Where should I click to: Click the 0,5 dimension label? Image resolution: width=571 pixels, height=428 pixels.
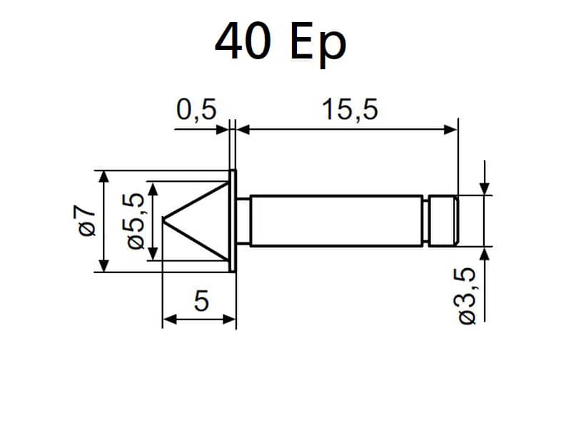coord(196,110)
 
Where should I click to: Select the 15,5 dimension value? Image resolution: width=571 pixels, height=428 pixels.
coord(350,110)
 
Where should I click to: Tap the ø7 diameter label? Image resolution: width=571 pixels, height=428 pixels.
coord(86,220)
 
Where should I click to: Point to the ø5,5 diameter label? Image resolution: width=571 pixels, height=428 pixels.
coord(134,220)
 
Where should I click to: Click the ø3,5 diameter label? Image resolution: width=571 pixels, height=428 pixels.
coord(466,295)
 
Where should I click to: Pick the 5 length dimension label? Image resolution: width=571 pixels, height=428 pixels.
coord(201,300)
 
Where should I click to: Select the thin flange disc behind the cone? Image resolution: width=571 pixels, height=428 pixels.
coord(233,220)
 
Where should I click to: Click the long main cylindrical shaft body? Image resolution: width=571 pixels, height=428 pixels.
coord(336,221)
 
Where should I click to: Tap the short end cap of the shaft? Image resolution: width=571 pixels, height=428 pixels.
coord(443,221)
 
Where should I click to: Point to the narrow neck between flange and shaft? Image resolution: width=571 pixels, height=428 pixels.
coord(243,220)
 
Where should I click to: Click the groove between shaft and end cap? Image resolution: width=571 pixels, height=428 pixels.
coord(425,221)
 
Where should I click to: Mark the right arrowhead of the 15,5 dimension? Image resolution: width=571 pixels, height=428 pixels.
coord(451,129)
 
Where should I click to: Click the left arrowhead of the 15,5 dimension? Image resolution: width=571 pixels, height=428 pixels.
coord(243,129)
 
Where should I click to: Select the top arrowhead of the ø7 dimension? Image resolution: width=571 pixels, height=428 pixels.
coord(104,177)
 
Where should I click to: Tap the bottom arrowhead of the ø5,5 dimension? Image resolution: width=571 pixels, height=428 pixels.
coord(153,254)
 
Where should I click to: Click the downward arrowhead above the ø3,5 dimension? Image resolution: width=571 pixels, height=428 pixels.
coord(485,188)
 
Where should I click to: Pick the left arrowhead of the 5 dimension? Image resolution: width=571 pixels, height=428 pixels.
coord(170,320)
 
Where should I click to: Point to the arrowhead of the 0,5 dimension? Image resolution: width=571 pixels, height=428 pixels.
coord(223,129)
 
